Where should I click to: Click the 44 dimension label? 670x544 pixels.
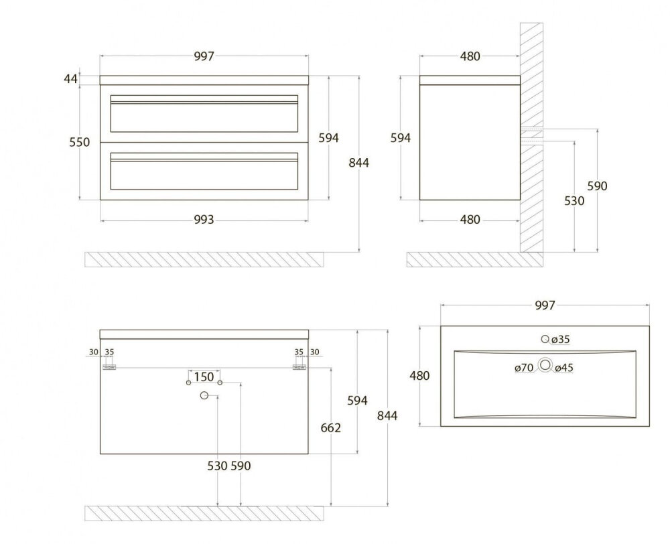pyautogui.click(x=70, y=79)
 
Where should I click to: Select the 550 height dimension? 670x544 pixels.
pyautogui.click(x=80, y=142)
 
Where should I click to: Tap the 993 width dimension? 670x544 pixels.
pyautogui.click(x=204, y=219)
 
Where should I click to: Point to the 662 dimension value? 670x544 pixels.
pyautogui.click(x=331, y=427)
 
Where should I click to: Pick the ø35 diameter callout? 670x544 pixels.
pyautogui.click(x=559, y=340)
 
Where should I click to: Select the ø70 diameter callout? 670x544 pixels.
pyautogui.click(x=523, y=367)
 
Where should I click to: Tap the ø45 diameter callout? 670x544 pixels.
pyautogui.click(x=563, y=367)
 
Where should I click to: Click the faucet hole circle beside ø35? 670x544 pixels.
pyautogui.click(x=545, y=339)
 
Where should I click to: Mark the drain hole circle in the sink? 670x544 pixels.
pyautogui.click(x=545, y=365)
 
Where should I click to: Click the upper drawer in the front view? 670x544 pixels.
pyautogui.click(x=204, y=113)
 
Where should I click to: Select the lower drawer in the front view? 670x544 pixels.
pyautogui.click(x=204, y=172)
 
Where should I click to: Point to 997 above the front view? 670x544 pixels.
pyautogui.click(x=204, y=57)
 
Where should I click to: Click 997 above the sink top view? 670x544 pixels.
pyautogui.click(x=545, y=305)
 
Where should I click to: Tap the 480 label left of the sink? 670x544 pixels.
pyautogui.click(x=419, y=376)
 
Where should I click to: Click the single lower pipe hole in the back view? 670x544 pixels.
pyautogui.click(x=204, y=397)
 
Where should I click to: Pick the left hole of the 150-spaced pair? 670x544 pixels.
pyautogui.click(x=188, y=383)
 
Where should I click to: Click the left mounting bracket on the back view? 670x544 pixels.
pyautogui.click(x=109, y=367)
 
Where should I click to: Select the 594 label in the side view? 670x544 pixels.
pyautogui.click(x=400, y=137)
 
